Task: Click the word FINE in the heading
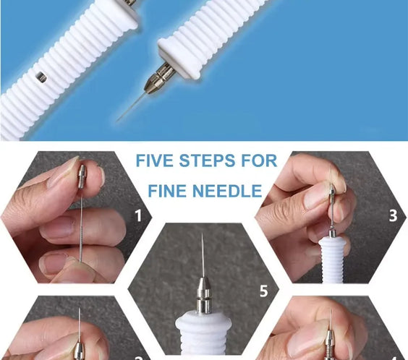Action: [x=166, y=191]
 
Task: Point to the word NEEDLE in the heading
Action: [x=226, y=191]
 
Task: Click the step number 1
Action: [x=138, y=215]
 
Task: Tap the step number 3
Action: [x=393, y=215]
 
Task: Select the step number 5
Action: [x=263, y=291]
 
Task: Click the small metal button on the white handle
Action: [x=41, y=77]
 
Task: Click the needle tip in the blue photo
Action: [x=116, y=121]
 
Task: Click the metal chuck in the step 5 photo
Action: [x=203, y=295]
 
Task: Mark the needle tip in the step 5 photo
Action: [x=202, y=233]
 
